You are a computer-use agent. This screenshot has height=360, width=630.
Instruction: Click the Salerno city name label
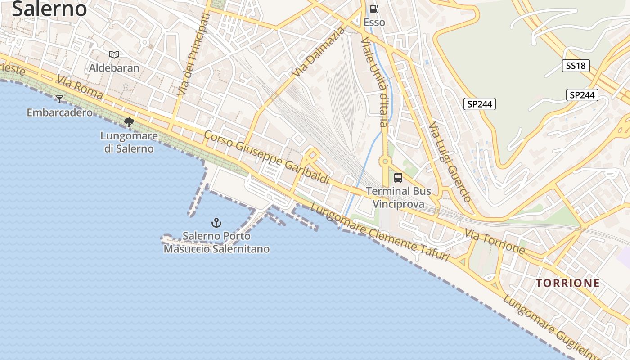tap(49, 9)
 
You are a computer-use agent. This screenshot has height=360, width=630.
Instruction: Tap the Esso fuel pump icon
tap(374, 9)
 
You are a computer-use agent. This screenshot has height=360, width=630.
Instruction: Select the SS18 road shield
tap(576, 66)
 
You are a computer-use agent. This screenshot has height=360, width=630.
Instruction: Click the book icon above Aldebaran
tap(114, 55)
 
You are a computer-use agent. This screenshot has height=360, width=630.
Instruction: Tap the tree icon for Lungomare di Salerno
tap(129, 122)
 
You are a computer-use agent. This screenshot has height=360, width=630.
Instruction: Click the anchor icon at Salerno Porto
tap(216, 223)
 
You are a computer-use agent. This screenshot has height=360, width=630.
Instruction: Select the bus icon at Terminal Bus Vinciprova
tap(398, 178)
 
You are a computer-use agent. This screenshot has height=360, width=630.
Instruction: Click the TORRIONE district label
tap(568, 283)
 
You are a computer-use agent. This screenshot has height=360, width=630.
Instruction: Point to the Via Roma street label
tap(80, 88)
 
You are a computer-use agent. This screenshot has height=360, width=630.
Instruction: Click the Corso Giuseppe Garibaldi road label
tap(267, 157)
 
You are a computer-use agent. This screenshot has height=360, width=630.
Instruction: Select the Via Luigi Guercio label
tap(449, 162)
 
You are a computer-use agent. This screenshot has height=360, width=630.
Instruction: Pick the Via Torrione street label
tap(495, 242)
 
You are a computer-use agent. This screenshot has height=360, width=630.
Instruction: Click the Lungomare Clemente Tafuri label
tap(380, 232)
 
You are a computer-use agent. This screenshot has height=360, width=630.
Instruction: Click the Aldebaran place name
tap(114, 68)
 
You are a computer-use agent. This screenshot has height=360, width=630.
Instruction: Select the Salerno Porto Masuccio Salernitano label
tap(216, 242)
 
